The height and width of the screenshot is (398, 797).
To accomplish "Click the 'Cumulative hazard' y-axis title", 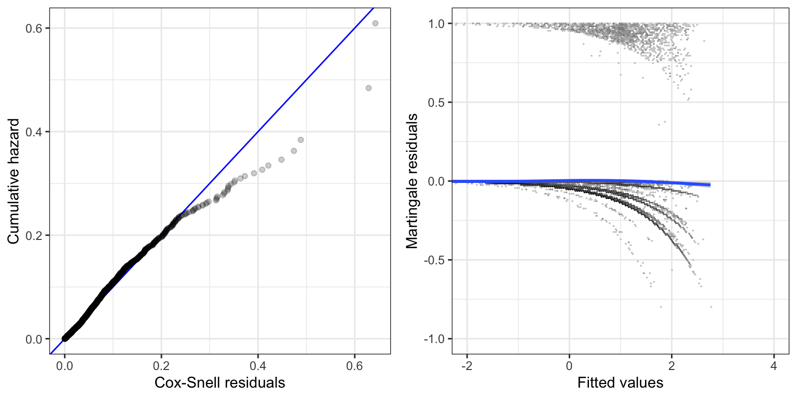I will point(14,181).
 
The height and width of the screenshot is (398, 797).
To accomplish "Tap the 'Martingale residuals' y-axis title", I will point(412,181).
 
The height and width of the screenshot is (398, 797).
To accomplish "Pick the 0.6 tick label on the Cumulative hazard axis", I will point(34,28).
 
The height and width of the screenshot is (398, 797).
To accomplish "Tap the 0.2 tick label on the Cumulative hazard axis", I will point(34,235).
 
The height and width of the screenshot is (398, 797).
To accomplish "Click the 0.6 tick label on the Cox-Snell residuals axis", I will point(355,365).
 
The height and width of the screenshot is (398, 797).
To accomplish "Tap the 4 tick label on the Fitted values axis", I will point(774,365).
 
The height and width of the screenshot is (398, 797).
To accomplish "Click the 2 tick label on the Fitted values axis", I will point(671,365).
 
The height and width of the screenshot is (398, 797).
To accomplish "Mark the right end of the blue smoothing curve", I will point(709,185).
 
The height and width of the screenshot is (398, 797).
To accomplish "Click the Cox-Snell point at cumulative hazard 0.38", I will point(300,140).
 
